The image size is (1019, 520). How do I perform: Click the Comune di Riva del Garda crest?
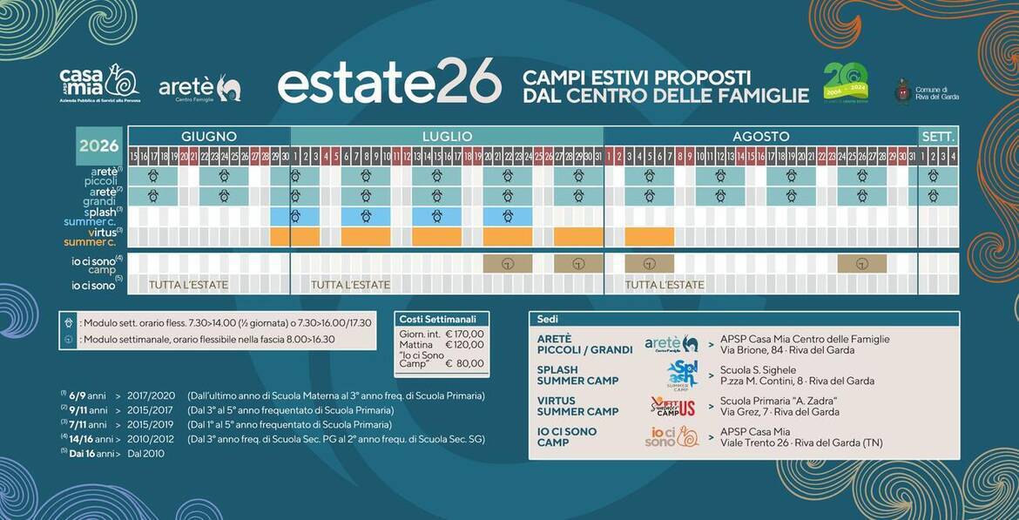(903, 91)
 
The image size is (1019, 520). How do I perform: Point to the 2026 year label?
(98, 145)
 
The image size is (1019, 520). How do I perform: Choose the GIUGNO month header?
(209, 137)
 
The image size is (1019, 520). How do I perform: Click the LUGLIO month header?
(447, 137)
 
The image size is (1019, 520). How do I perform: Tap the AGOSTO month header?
(760, 137)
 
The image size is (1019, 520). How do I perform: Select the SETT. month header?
(938, 137)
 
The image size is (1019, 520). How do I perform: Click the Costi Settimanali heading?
(442, 319)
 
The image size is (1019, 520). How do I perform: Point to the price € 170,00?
(464, 333)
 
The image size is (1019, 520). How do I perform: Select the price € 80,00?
(464, 363)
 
